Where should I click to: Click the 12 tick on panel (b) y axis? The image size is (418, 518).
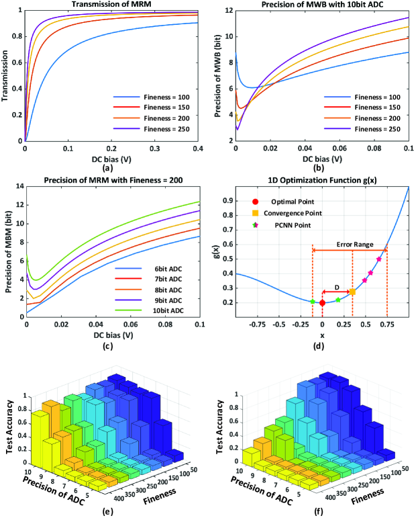(x=228, y=11)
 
